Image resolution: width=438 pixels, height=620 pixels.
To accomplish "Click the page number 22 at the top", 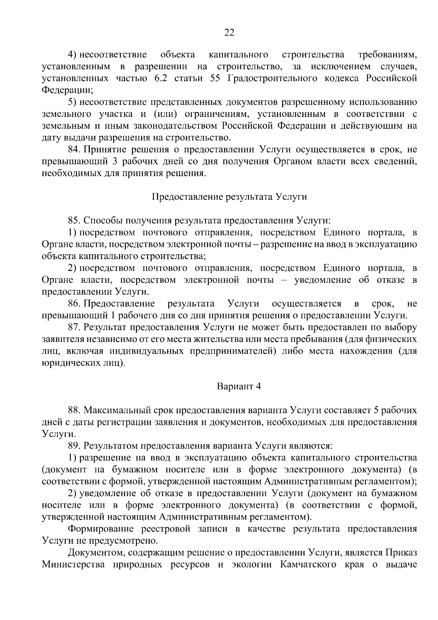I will pyautogui.click(x=229, y=33).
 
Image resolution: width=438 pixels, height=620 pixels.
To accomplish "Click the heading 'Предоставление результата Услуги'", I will pyautogui.click(x=229, y=197).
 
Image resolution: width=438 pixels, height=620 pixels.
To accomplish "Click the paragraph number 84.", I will pyautogui.click(x=74, y=149).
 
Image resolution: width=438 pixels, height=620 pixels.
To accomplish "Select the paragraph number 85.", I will pyautogui.click(x=74, y=221).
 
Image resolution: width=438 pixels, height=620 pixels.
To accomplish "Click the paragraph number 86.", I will pyautogui.click(x=74, y=304).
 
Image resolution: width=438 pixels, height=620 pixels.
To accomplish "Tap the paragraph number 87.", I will pyautogui.click(x=74, y=327).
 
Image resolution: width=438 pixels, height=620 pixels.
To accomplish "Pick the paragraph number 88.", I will pyautogui.click(x=74, y=410).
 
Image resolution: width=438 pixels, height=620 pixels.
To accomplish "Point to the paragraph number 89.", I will pyautogui.click(x=74, y=446).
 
